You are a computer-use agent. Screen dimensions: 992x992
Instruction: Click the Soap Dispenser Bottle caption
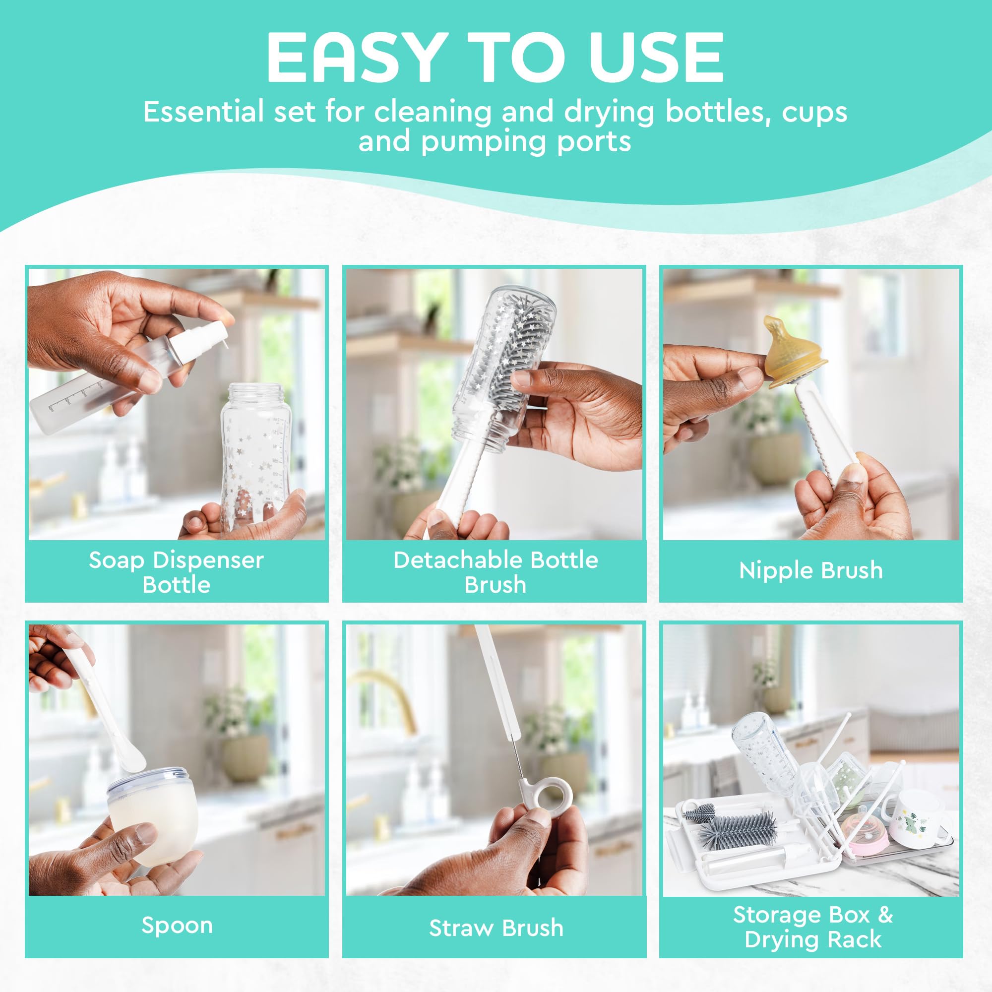tap(176, 572)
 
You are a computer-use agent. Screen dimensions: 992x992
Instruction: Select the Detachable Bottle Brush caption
tap(496, 572)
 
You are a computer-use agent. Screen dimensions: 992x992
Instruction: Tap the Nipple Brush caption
tap(811, 570)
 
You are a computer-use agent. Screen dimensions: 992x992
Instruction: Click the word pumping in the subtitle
tap(483, 141)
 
